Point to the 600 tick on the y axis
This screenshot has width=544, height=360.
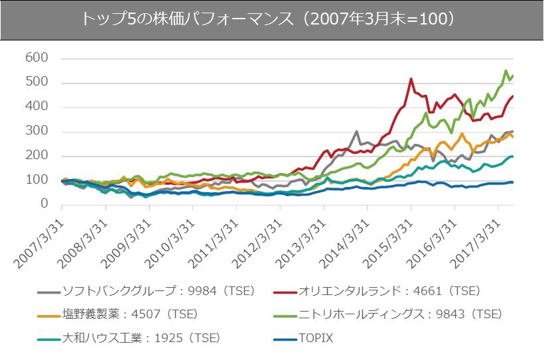pyautogui.click(x=37, y=58)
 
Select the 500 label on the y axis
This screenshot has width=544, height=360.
pyautogui.click(x=37, y=83)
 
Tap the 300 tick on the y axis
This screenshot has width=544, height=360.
pyautogui.click(x=37, y=131)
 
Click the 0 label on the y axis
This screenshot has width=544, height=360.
pyautogui.click(x=44, y=204)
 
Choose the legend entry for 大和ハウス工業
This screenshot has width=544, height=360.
pyautogui.click(x=140, y=337)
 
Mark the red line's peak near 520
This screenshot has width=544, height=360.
pyautogui.click(x=411, y=79)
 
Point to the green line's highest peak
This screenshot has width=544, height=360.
pyautogui.click(x=506, y=70)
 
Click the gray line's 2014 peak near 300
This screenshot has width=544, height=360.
pyautogui.click(x=357, y=131)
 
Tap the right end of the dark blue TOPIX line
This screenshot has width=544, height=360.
pyautogui.click(x=512, y=182)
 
